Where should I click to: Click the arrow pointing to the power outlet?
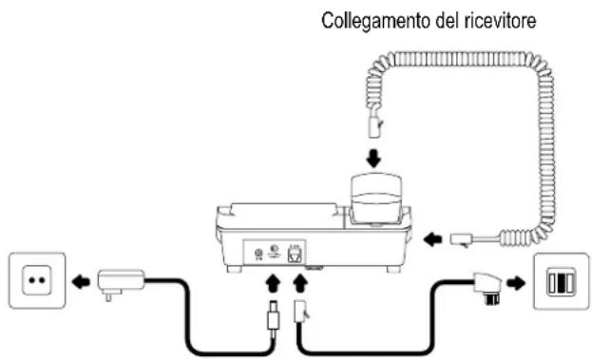tap(84, 280)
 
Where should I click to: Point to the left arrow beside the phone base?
tap(432, 239)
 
